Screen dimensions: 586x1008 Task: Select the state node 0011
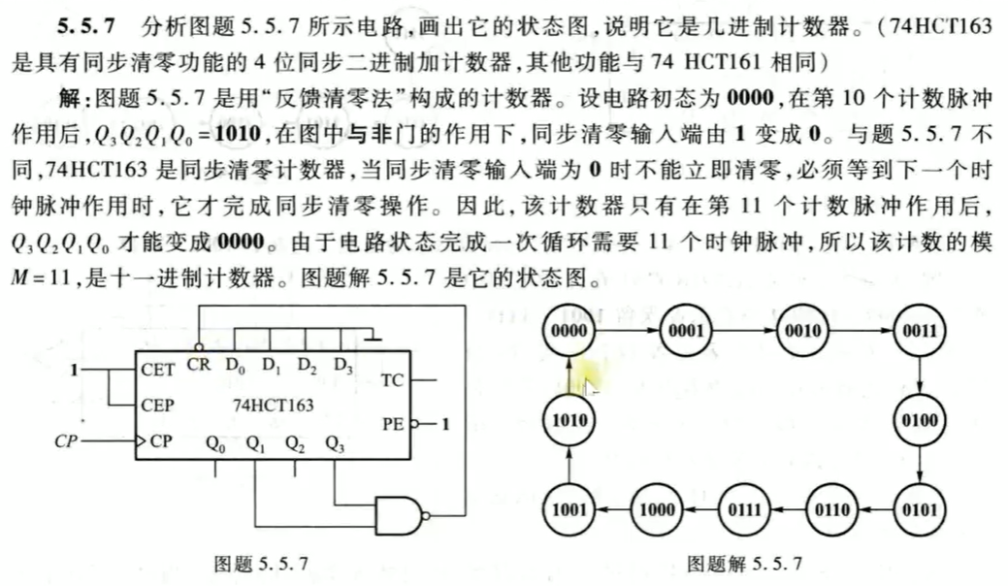(919, 331)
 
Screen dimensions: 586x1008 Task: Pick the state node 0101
(919, 507)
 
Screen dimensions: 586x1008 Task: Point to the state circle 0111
(743, 507)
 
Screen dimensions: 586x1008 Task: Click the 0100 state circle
(919, 420)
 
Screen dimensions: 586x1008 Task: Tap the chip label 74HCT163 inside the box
(274, 405)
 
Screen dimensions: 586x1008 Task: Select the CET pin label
(157, 370)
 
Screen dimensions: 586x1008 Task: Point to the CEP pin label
(157, 405)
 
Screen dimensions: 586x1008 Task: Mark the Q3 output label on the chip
(335, 444)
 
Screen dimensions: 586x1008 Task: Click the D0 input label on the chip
(235, 365)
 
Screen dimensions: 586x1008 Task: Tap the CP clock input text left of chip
(65, 441)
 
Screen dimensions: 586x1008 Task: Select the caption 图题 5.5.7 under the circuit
(259, 562)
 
